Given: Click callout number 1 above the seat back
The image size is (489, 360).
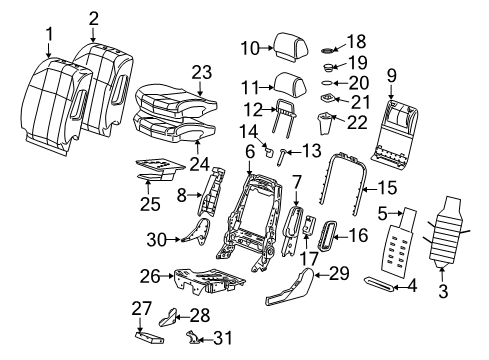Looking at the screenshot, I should (x=48, y=37).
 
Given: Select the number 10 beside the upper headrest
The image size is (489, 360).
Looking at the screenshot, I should (x=250, y=46).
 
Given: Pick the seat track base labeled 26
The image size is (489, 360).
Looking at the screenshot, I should (x=200, y=281).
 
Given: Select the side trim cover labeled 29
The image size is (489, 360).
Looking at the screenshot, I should (x=290, y=290).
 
